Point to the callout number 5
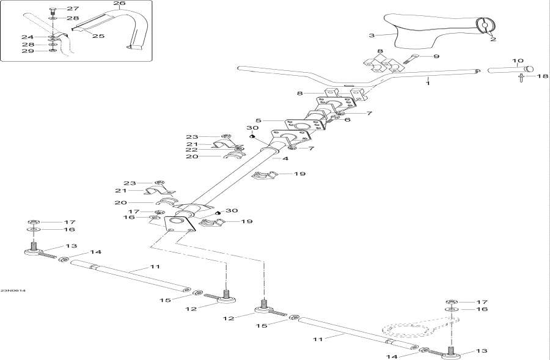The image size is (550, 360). tap(258, 121)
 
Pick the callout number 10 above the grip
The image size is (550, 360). tap(518, 61)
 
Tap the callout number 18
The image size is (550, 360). tap(542, 76)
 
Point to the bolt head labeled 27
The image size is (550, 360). tap(53, 9)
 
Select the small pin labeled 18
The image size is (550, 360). tap(521, 77)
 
